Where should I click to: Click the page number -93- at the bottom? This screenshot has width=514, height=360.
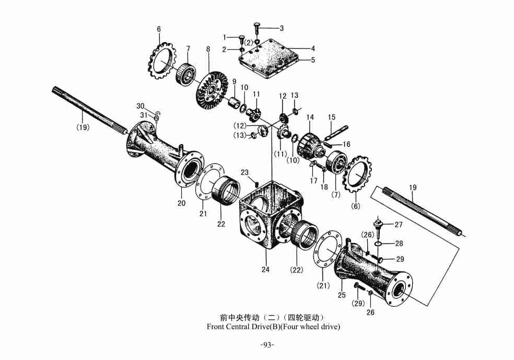tap(267, 345)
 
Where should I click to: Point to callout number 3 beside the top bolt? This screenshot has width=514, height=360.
tap(282, 28)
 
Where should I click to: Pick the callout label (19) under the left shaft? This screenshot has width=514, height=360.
tap(83, 127)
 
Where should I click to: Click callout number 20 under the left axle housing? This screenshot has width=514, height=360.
tap(181, 203)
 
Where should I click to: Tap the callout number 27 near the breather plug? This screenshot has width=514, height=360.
tap(399, 225)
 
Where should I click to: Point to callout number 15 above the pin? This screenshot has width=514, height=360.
tap(332, 117)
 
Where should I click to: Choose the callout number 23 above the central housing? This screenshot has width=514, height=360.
tap(245, 172)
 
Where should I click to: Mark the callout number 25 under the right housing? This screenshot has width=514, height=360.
tap(342, 295)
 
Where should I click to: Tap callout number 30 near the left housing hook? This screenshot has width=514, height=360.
tap(140, 106)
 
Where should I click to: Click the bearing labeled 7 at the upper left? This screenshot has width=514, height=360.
tap(185, 72)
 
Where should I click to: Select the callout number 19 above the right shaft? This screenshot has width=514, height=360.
tap(413, 187)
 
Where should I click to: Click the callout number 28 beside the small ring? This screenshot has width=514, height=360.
tap(399, 243)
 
